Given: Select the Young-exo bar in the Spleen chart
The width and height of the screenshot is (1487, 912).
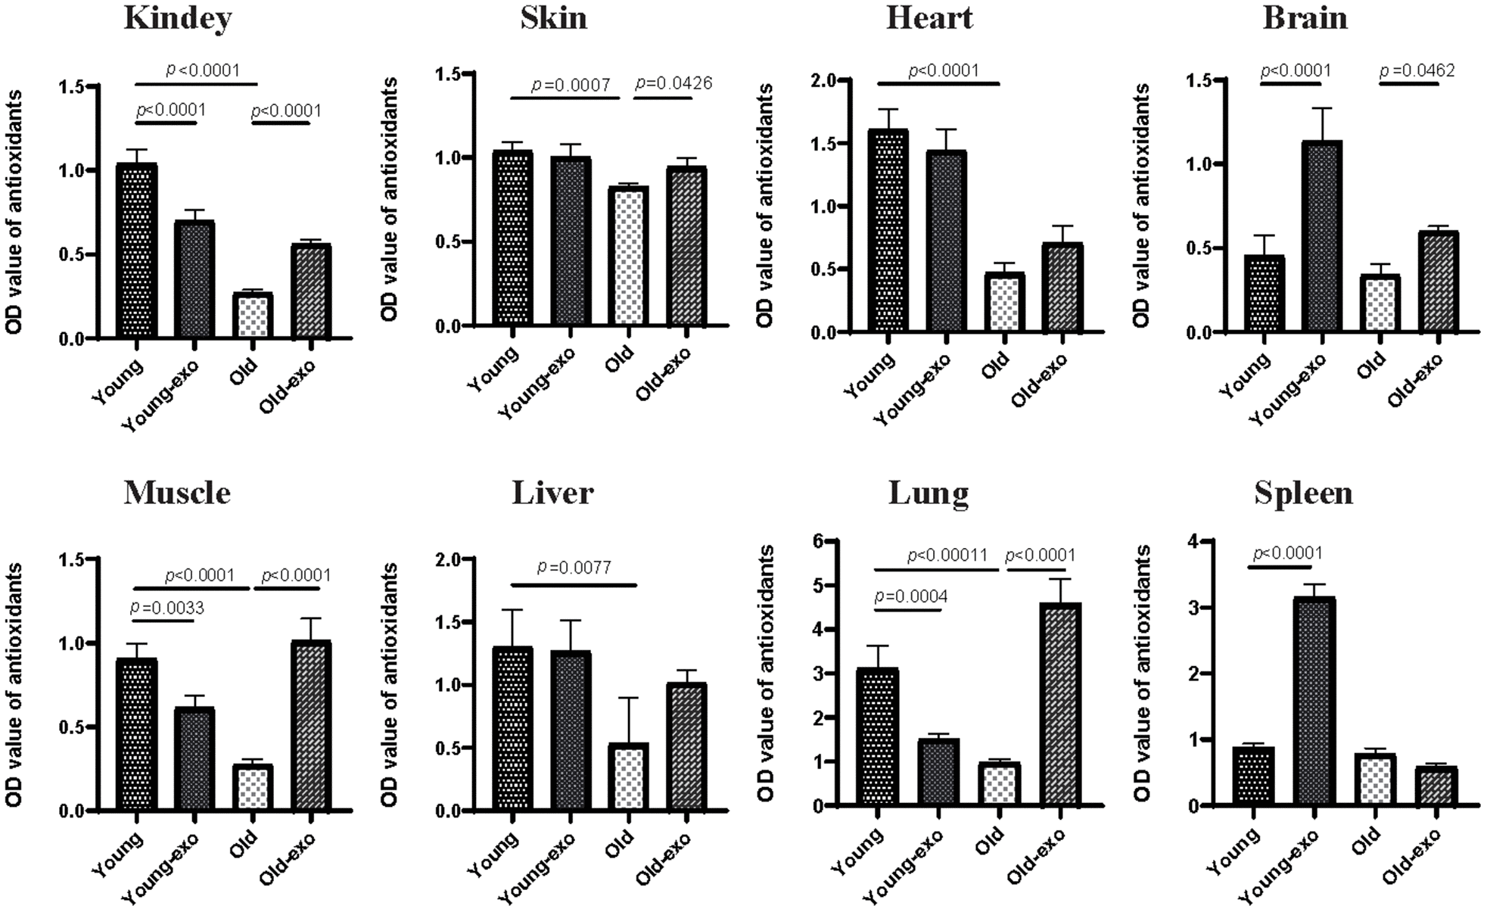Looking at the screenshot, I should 1314,701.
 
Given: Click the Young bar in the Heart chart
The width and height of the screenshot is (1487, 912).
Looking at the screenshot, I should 888,231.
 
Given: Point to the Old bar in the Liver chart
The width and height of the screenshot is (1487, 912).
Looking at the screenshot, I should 628,777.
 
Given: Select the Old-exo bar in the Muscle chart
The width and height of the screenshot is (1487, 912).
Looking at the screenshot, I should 311,726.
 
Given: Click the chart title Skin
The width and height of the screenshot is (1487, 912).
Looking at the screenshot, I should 553,18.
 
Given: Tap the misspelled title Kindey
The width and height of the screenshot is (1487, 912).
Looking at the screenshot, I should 178,18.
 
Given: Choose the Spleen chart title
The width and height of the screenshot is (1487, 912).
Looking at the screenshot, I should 1303,493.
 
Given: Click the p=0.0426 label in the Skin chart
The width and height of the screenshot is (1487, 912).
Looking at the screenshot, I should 674,82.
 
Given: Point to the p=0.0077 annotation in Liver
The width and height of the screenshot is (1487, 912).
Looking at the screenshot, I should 574,567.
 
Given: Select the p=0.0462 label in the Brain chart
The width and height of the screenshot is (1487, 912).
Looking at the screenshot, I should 1417,71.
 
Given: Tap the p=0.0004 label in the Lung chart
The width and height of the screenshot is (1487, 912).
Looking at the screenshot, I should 910,596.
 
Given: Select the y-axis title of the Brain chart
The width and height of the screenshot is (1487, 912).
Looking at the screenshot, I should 1141,206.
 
